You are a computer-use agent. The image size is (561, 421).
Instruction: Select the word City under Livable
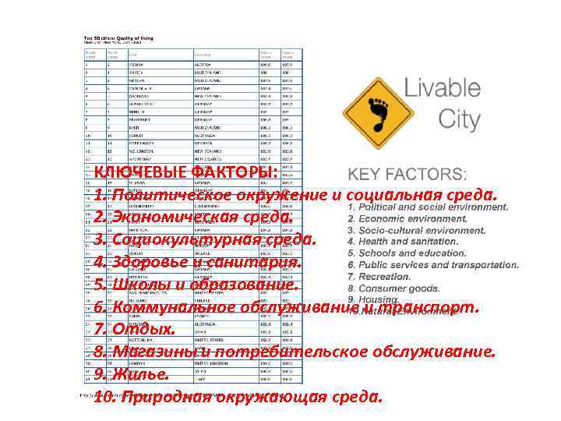[460, 120]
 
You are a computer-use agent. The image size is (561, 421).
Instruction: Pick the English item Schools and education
[418, 253]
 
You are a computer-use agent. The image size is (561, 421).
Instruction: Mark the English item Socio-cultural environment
[427, 231]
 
